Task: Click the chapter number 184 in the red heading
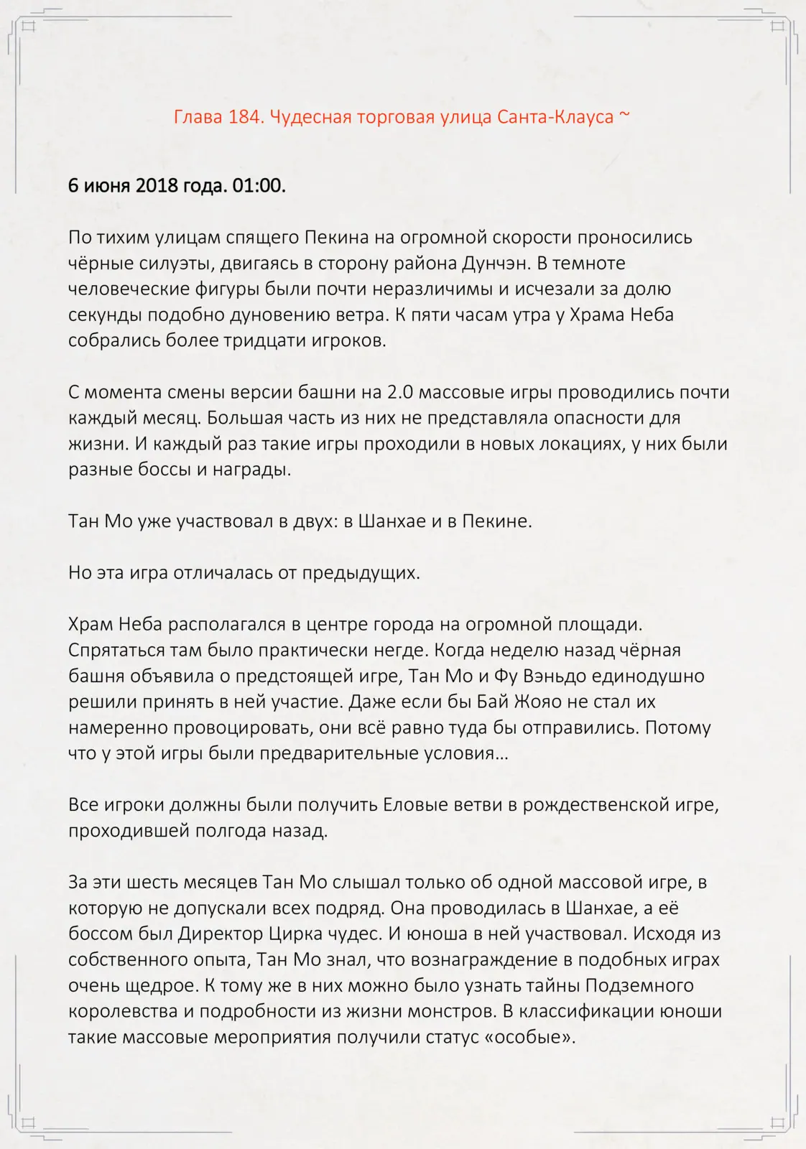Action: pyautogui.click(x=244, y=117)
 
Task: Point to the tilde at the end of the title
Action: pyautogui.click(x=624, y=116)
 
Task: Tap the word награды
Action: pyautogui.click(x=256, y=470)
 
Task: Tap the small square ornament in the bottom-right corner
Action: pyautogui.click(x=777, y=1122)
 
